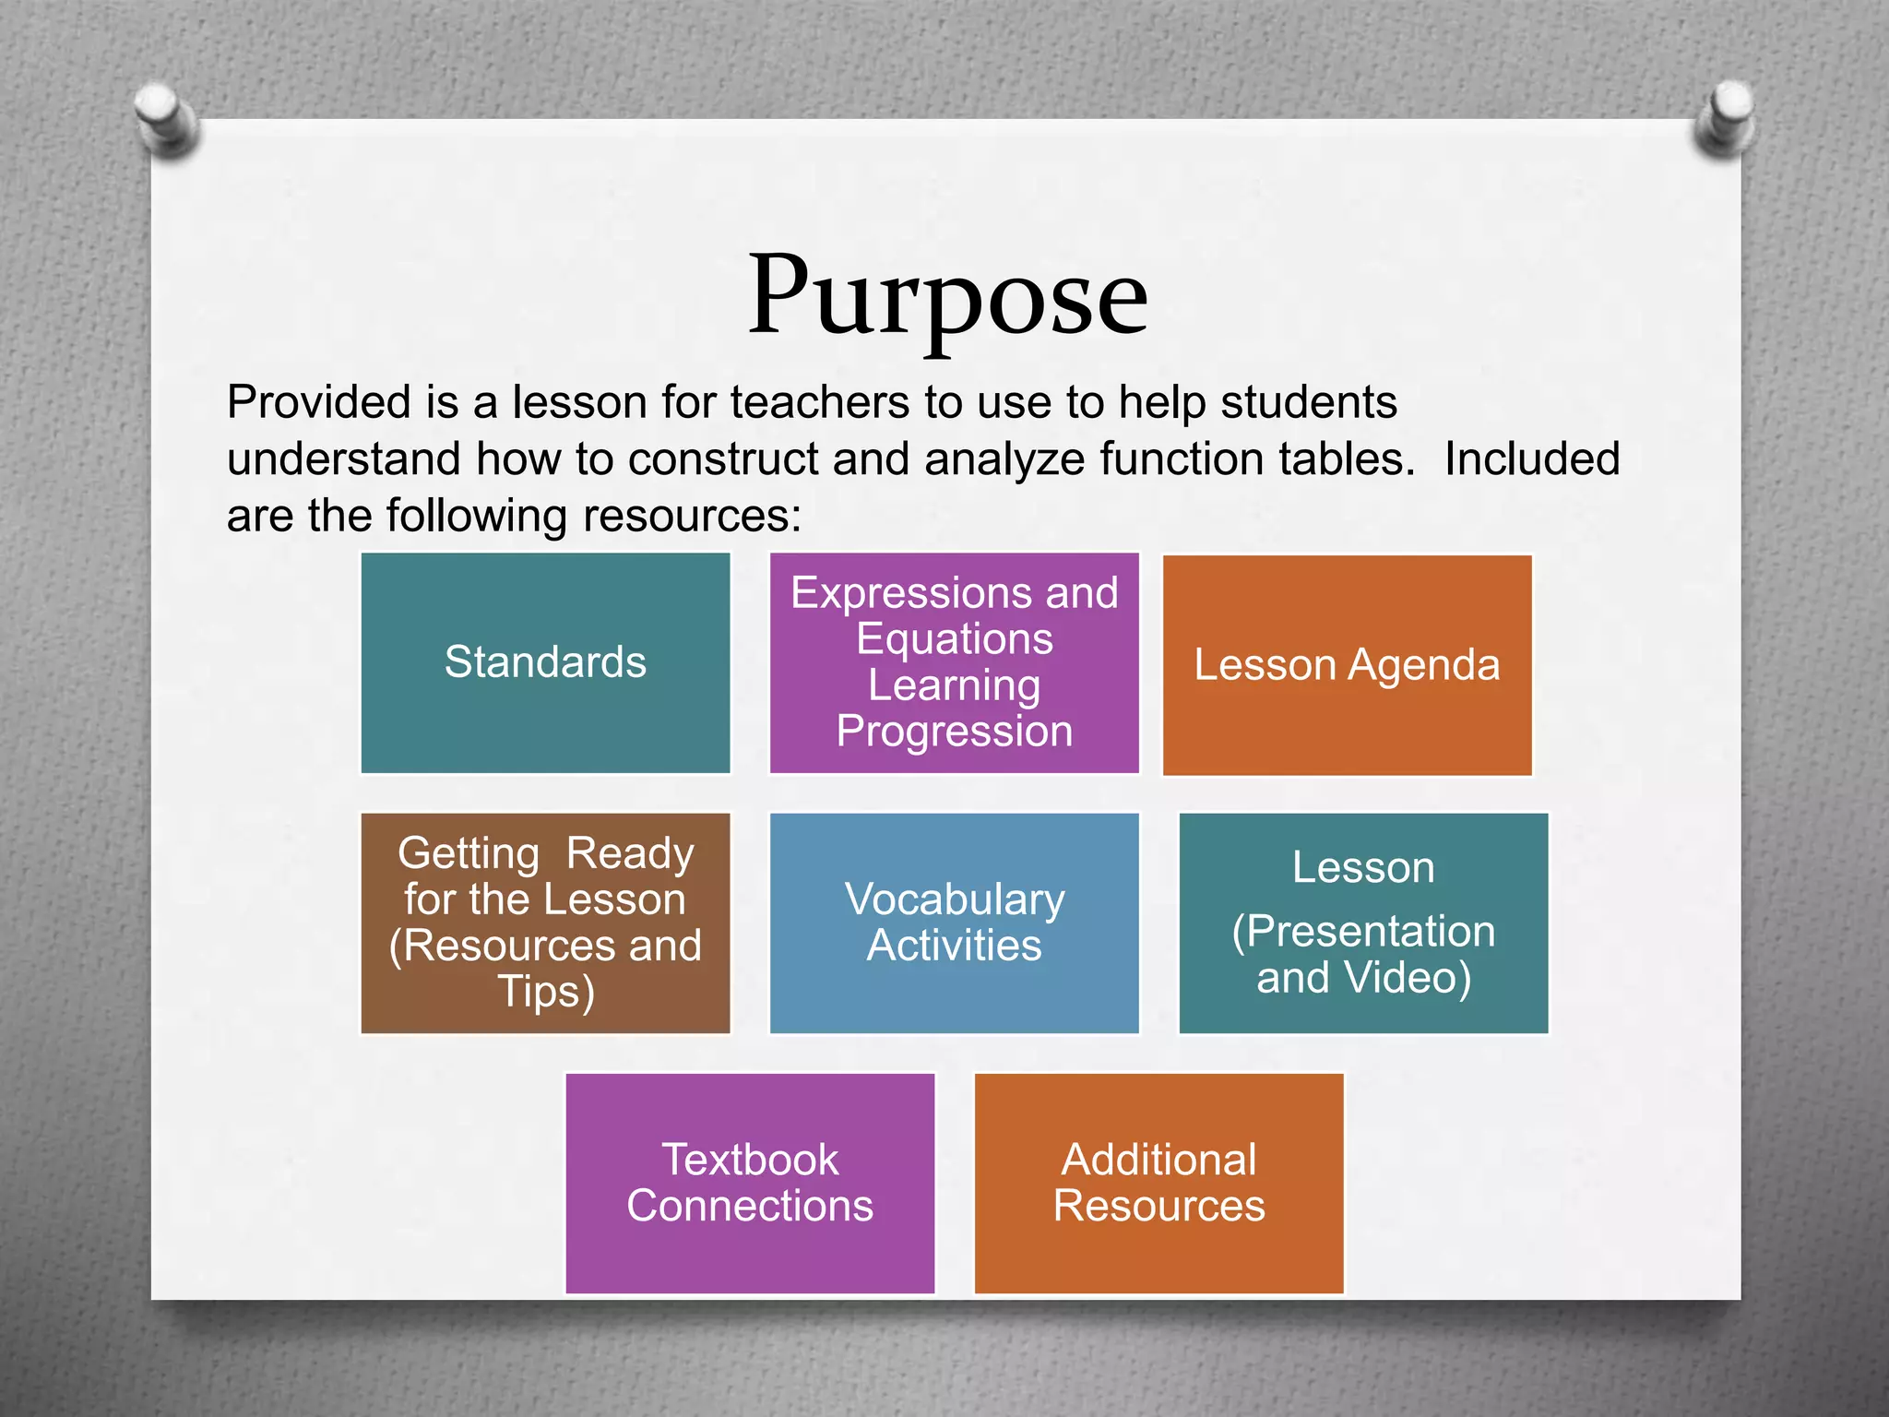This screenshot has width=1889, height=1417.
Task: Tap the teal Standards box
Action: pyautogui.click(x=545, y=662)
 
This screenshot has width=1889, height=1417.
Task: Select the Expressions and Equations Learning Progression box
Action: pyautogui.click(x=954, y=662)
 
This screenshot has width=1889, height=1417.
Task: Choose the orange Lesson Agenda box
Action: pyautogui.click(x=1347, y=665)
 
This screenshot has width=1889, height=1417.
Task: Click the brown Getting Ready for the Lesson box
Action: pyautogui.click(x=545, y=923)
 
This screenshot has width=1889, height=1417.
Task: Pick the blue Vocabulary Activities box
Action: pyautogui.click(x=954, y=923)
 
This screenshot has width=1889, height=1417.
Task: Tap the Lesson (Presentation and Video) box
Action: pyautogui.click(x=1363, y=923)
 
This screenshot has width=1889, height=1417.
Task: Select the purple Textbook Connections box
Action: pyautogui.click(x=750, y=1183)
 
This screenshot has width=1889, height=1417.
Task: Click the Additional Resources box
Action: pyautogui.click(x=1158, y=1183)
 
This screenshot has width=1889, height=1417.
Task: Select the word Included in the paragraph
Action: pyautogui.click(x=1532, y=458)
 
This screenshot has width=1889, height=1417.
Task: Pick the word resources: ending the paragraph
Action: pyautogui.click(x=693, y=515)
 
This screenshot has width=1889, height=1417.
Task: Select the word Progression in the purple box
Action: pyautogui.click(x=955, y=732)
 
